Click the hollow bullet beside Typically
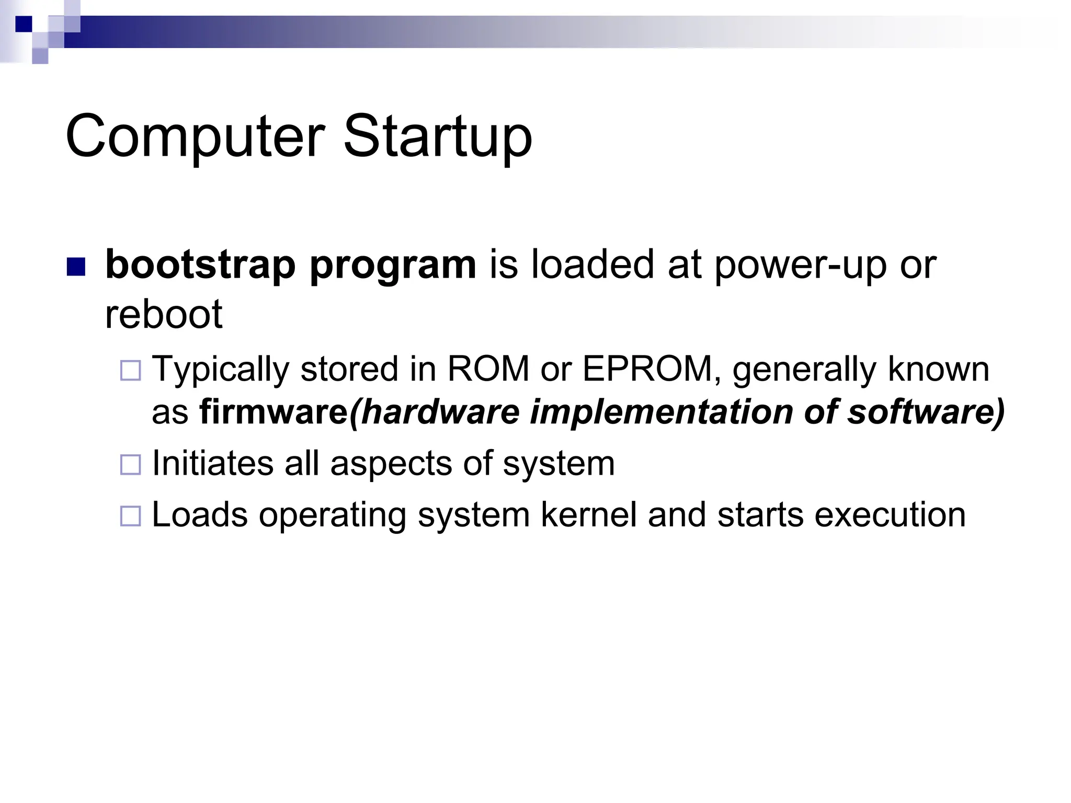pos(130,371)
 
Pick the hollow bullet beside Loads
pos(130,516)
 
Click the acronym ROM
pos(488,369)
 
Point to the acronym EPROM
pos(648,369)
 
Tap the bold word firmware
pos(274,412)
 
